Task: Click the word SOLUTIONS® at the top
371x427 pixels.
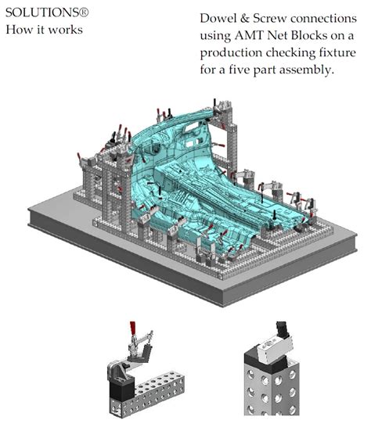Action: click(38, 14)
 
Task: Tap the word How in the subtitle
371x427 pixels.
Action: click(20, 30)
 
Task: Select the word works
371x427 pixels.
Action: click(64, 30)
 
